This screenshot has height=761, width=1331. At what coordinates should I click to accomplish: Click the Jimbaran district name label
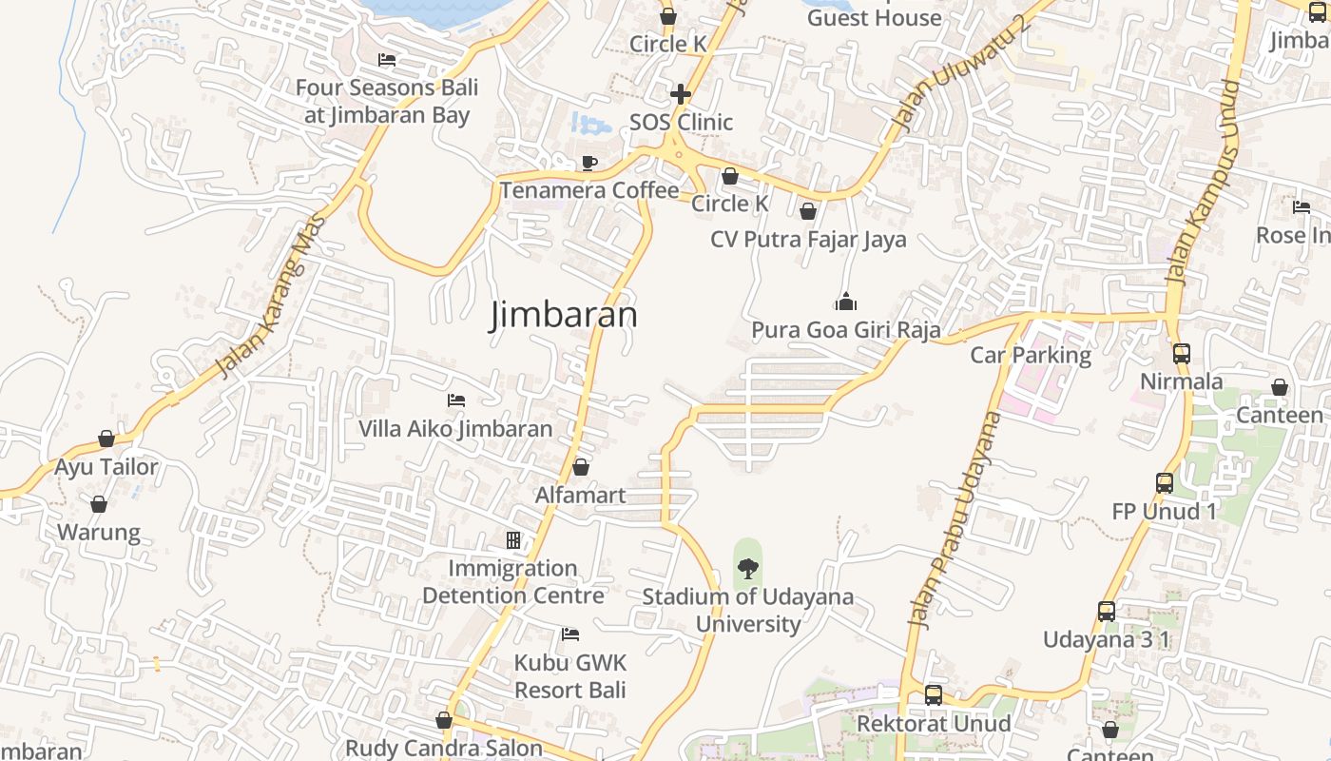coord(563,314)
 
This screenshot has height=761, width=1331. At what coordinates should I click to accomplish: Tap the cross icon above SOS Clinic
coord(681,94)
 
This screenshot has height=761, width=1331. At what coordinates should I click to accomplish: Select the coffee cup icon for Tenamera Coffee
coord(588,163)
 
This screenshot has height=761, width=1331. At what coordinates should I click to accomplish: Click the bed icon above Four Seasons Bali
coord(386,60)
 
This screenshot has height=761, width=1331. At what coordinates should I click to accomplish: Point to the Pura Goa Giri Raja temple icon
coord(845,302)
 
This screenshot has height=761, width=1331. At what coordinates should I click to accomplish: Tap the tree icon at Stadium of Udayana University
coord(748,569)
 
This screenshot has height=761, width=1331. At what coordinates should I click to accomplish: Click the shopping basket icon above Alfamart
coord(581,467)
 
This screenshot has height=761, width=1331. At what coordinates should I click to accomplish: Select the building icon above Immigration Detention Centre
coord(513,540)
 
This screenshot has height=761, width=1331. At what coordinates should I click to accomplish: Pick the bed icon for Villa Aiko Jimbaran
coord(456,400)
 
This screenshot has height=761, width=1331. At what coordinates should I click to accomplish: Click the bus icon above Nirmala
coord(1182,354)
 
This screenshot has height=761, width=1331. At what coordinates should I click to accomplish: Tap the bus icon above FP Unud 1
coord(1165,483)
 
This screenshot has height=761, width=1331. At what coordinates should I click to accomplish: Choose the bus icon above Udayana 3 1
coord(1107,612)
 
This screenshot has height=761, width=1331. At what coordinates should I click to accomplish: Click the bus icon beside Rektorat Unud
coord(934,695)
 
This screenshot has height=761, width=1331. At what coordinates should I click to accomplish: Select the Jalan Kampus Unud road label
coord(1203,184)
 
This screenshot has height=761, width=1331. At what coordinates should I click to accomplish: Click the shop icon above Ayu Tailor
coord(106,439)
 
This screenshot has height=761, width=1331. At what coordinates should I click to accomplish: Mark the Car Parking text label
coord(1031,355)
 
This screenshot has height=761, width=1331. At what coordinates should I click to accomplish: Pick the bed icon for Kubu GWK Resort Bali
coord(570,634)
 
